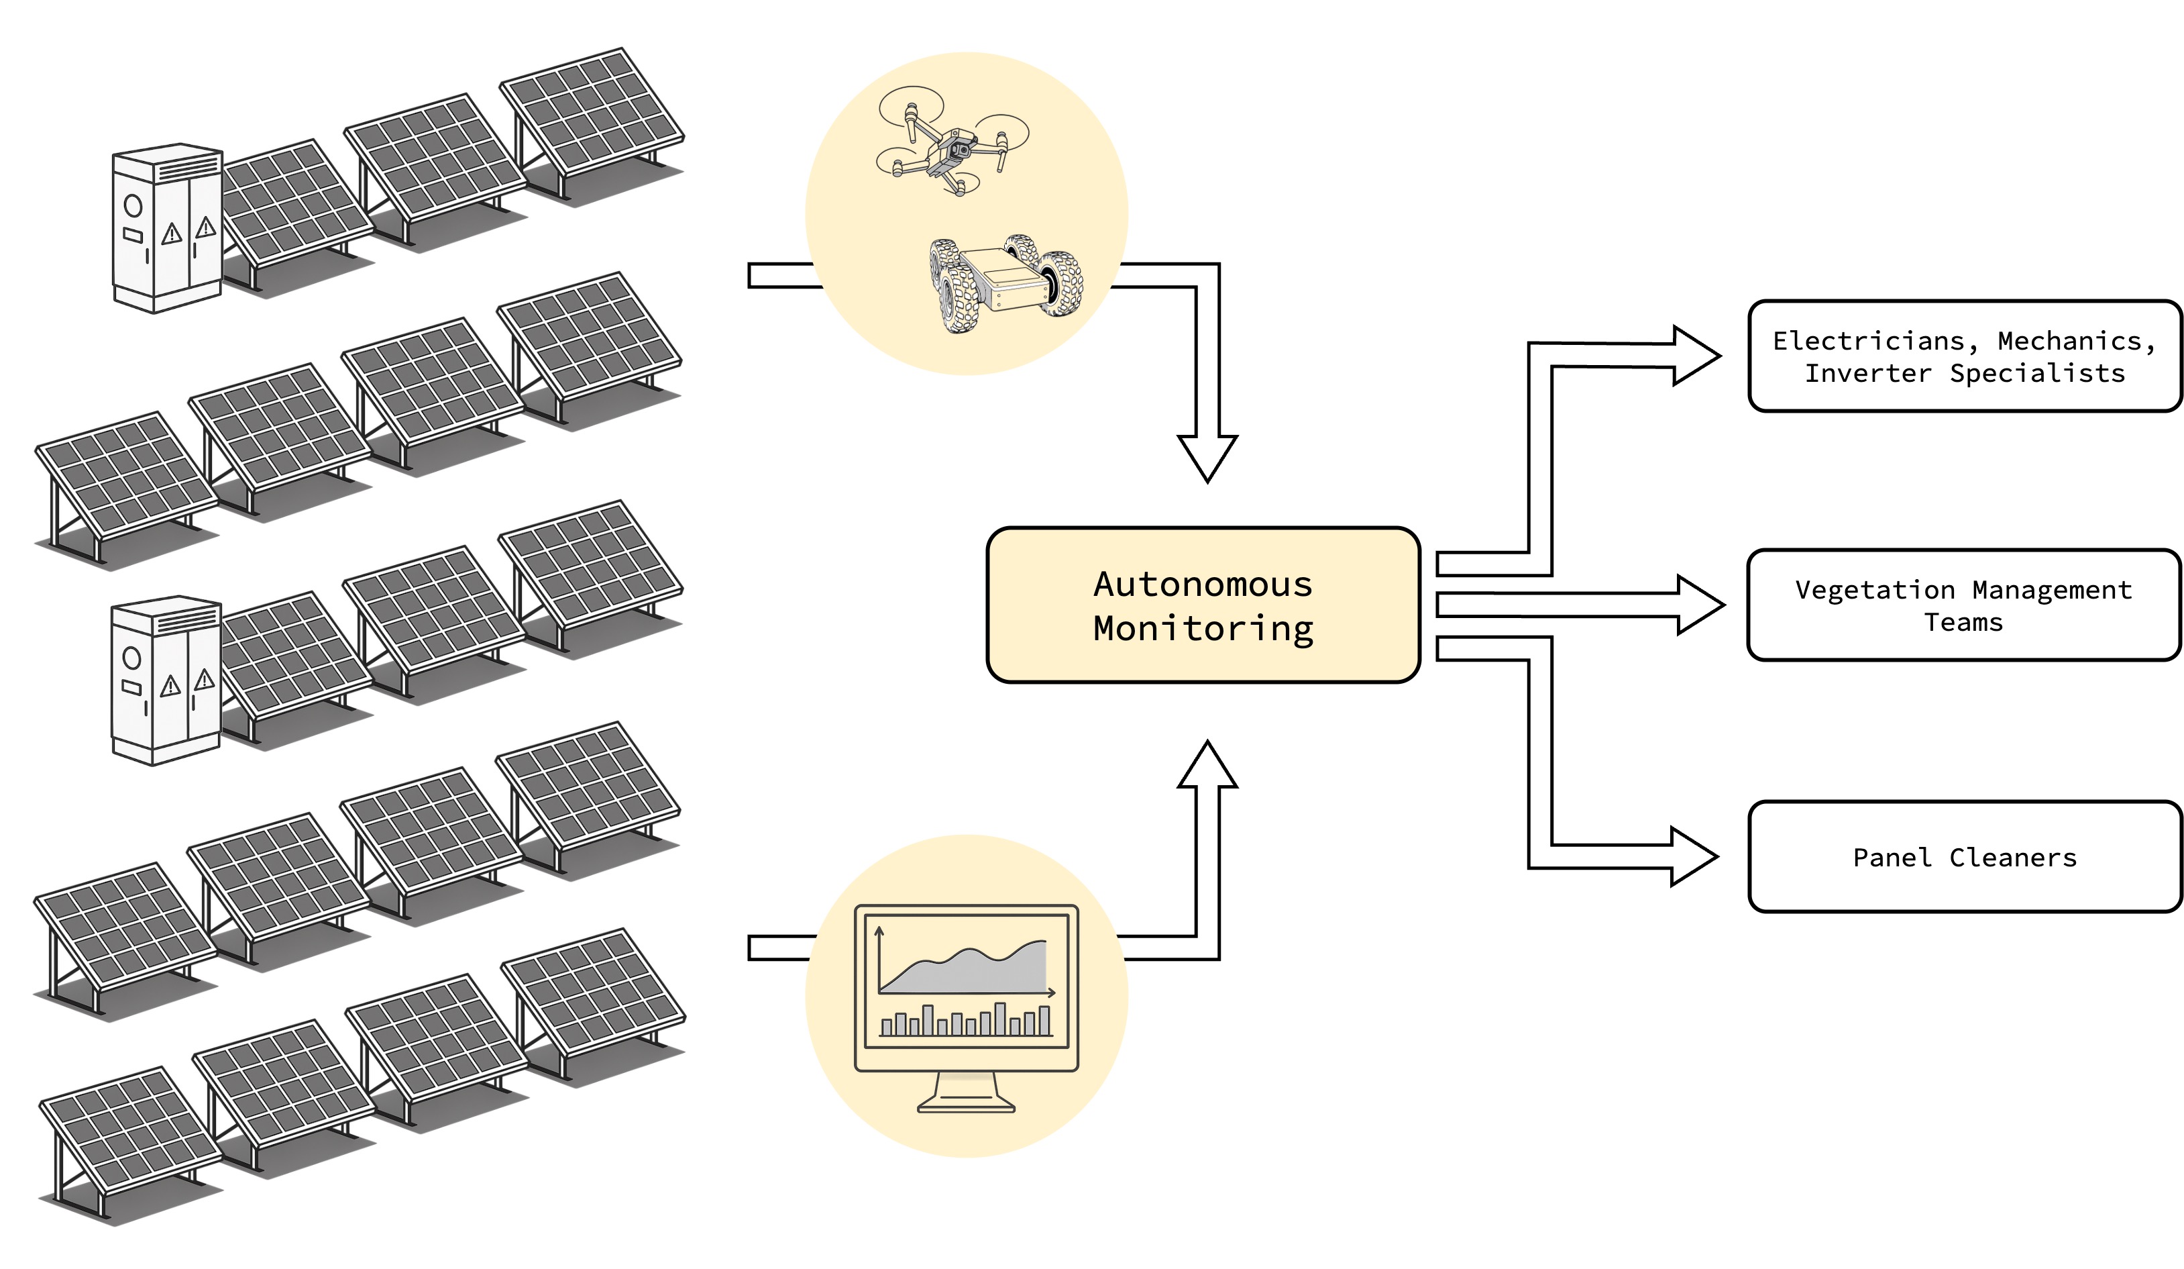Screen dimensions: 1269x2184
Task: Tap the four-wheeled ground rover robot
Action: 1005,283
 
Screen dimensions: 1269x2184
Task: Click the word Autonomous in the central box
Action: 1203,585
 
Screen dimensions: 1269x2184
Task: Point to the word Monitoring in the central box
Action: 1203,628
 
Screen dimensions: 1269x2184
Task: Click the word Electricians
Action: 1867,341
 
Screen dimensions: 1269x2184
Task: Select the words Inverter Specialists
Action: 1964,374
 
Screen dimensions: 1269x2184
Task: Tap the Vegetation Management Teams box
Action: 1964,605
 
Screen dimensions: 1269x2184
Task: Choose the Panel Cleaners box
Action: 1964,857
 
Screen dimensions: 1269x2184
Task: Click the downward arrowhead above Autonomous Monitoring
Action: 1207,455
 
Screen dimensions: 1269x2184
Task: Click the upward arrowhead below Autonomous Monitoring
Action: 1207,767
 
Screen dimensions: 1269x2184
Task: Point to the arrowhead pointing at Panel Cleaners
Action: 1692,856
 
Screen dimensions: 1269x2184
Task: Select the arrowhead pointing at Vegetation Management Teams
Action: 1698,605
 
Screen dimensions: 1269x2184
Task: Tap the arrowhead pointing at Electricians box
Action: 1694,356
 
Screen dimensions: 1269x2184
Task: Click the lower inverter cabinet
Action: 166,680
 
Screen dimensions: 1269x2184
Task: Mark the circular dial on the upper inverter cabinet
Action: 133,205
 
